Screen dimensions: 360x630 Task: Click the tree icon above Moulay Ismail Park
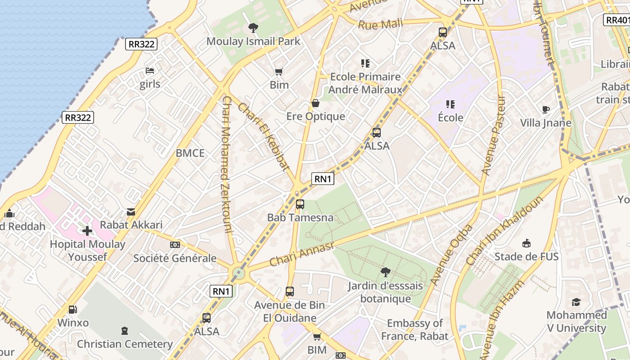[x=253, y=28]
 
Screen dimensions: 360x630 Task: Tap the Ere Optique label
[x=315, y=117]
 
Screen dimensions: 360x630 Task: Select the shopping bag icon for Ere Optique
[x=315, y=103]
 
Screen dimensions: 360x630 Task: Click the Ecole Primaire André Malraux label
[x=365, y=83]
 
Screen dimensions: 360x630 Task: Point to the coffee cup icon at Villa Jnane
[x=545, y=109]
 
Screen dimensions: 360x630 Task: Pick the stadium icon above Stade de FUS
[x=526, y=243]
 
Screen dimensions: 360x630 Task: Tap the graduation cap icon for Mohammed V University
[x=576, y=302]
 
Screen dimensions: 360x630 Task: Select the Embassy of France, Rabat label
[x=414, y=329]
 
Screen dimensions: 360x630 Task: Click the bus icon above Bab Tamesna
[x=300, y=204]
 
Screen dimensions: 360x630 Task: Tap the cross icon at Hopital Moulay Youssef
[x=87, y=231]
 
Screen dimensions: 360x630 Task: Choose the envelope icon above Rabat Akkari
[x=131, y=211]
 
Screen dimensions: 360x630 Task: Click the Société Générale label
[x=175, y=258]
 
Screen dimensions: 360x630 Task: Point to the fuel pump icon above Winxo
[x=72, y=310]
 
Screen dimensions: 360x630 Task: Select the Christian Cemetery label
[x=125, y=344]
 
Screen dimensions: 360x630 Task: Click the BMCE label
[x=190, y=153]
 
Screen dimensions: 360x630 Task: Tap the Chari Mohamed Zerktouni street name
[x=226, y=164]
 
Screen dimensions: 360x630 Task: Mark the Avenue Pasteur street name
[x=494, y=135]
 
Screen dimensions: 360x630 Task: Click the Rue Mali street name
[x=380, y=24]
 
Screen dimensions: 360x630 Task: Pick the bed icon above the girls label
[x=150, y=71]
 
